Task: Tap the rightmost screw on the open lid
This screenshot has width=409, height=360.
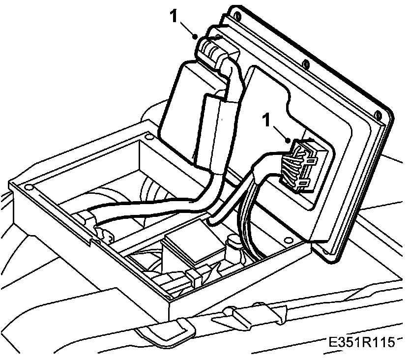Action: tap(378, 115)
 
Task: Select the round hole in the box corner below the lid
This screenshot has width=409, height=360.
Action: tap(288, 241)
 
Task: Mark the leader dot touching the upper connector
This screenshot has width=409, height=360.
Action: tap(196, 36)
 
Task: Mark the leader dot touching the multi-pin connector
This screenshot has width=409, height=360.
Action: tap(287, 141)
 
